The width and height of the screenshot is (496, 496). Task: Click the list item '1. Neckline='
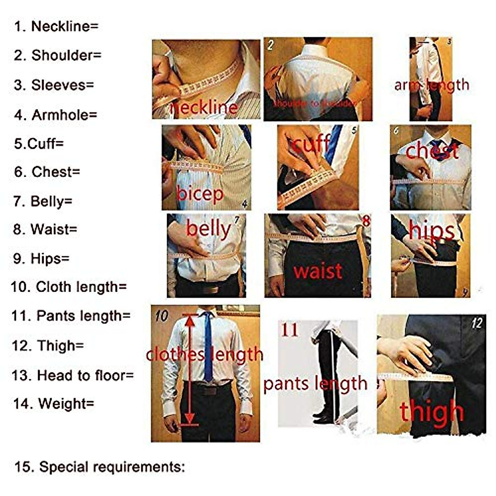coord(56,26)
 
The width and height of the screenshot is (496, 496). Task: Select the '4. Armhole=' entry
coord(56,115)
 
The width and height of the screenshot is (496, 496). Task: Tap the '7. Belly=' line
coord(43,201)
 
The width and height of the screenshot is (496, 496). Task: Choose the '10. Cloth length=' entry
coord(69,287)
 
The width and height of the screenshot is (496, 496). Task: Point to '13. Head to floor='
coord(73,375)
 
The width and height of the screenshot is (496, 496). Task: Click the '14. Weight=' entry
coord(54,403)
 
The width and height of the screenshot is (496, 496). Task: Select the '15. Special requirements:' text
coord(99,467)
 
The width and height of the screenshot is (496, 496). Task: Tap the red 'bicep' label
coord(200,193)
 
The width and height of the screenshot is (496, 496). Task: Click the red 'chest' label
coord(432,150)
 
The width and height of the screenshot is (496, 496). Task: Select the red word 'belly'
coord(208,229)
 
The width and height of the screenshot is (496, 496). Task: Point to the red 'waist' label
coord(318,271)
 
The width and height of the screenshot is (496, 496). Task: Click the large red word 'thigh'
coord(432,412)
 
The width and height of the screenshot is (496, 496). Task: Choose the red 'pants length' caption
coord(315,384)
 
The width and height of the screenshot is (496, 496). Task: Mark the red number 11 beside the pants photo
coord(289,330)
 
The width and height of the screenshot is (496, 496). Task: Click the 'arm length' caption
coord(432,85)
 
